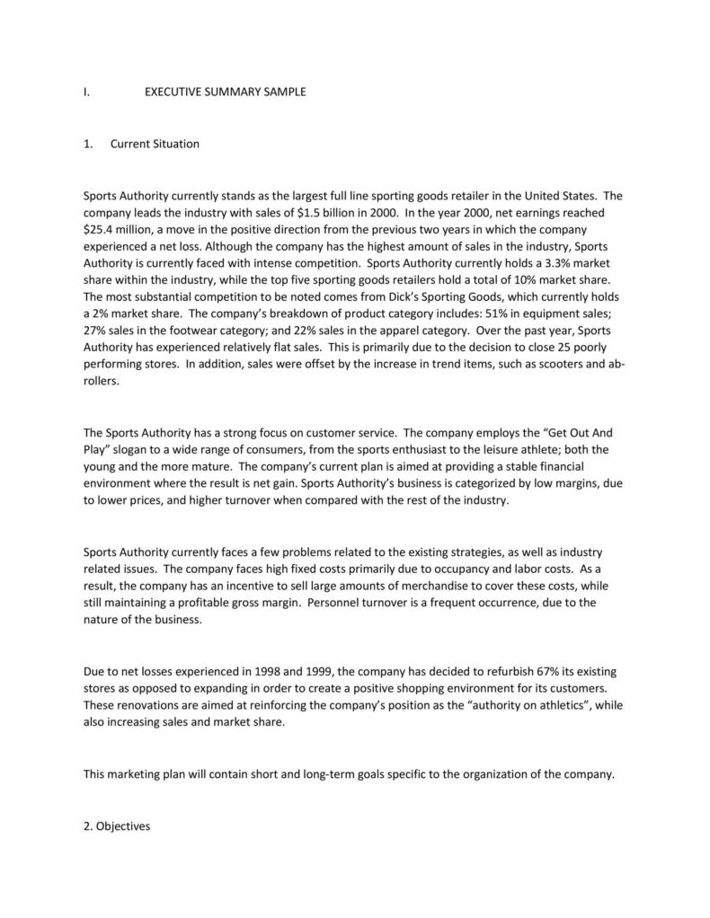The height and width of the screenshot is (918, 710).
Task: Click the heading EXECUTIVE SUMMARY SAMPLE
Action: click(225, 92)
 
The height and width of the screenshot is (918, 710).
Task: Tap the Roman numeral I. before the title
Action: click(85, 92)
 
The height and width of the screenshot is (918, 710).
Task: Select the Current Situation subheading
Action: click(155, 144)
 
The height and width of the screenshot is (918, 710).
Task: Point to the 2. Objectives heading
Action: click(116, 826)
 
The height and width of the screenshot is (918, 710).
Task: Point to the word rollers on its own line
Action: click(100, 380)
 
